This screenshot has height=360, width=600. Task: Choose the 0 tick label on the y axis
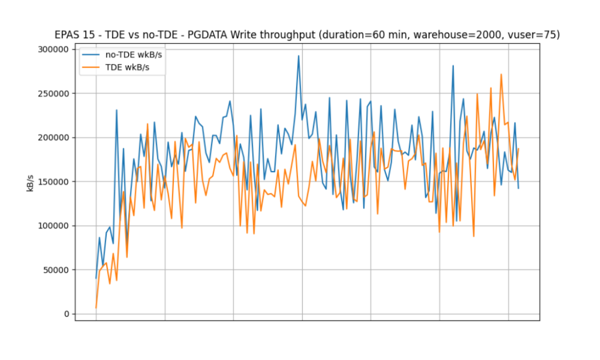(66, 314)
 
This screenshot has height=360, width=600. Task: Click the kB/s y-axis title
(31, 183)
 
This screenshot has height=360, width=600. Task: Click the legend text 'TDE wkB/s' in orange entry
(127, 67)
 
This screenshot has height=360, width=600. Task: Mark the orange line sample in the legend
(92, 67)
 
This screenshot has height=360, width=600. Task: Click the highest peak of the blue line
(298, 56)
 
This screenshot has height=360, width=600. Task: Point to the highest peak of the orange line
(501, 74)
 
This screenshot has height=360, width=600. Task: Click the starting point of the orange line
(96, 308)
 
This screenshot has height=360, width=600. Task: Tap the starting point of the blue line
(96, 278)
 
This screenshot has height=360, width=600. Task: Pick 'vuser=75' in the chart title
(536, 35)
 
